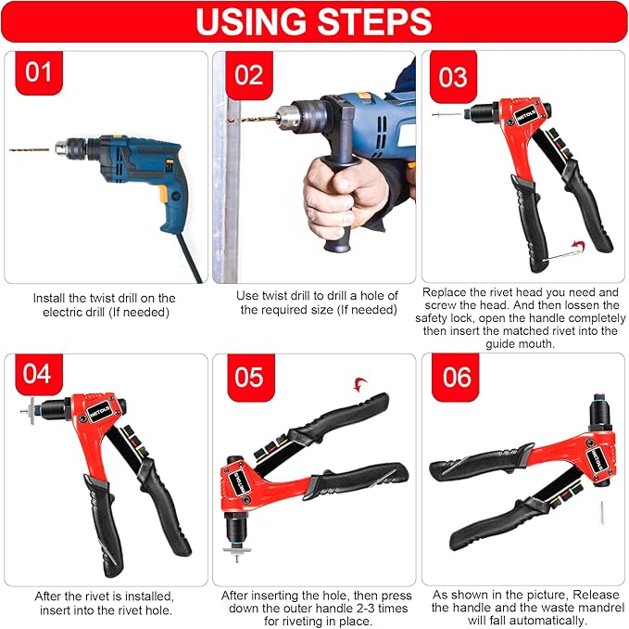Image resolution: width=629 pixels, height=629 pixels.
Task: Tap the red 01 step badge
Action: click(x=38, y=72)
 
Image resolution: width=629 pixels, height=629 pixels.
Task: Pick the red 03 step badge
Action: click(x=452, y=75)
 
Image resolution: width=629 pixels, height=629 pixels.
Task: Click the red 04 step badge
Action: click(x=38, y=375)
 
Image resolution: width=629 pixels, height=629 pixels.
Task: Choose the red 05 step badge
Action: click(x=247, y=378)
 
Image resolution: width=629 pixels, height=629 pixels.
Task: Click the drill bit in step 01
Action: click(x=32, y=148)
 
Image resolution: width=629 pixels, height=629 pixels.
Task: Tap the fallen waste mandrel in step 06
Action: click(x=600, y=509)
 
